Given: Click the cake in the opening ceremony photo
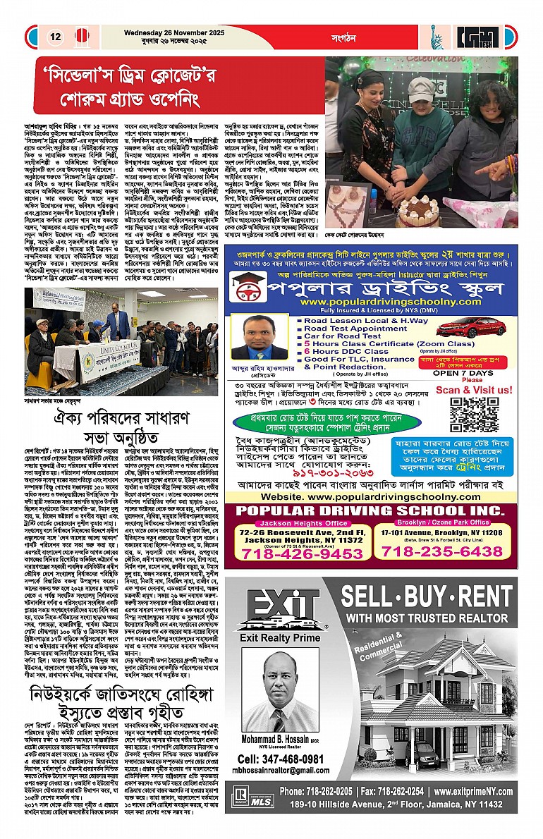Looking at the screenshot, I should (418, 209).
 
